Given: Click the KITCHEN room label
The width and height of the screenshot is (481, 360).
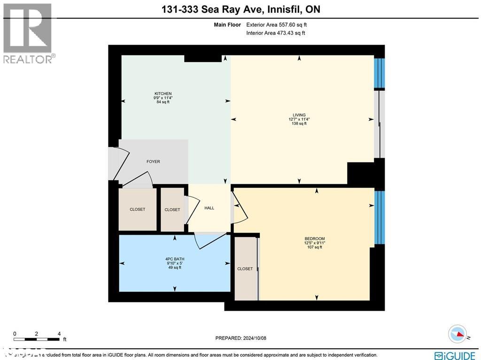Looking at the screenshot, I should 163,94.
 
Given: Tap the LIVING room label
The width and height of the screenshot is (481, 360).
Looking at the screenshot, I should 299,115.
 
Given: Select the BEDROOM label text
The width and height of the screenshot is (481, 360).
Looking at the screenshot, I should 315,239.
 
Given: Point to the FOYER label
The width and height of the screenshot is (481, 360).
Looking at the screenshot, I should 153,162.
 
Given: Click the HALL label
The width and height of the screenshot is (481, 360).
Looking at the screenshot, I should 209,208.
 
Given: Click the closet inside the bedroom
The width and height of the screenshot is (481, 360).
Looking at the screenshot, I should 245,269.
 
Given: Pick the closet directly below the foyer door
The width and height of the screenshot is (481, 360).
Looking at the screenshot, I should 138,209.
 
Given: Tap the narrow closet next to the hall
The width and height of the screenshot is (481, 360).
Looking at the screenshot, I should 172,210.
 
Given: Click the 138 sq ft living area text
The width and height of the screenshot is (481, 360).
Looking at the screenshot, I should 299,124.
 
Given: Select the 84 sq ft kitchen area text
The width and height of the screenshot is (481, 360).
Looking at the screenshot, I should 163,102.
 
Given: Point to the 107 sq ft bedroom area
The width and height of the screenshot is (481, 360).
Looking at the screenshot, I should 315,247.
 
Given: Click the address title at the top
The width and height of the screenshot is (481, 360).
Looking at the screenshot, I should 240,9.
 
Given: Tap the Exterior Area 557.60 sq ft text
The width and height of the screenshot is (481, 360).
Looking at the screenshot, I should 276,24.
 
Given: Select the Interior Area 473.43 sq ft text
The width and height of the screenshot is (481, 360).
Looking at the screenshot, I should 276,33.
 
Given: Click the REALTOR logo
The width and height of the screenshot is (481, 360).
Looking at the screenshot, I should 28,33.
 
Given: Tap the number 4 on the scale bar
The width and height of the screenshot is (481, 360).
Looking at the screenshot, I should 59,334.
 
